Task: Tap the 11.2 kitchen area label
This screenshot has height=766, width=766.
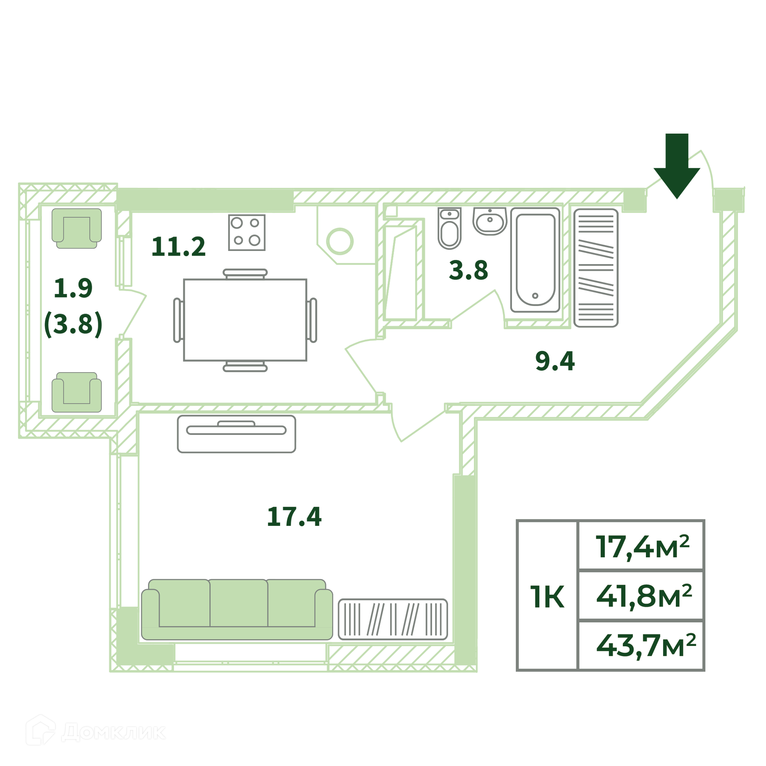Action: pos(178,247)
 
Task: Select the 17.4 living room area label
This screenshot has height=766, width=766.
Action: pos(294,517)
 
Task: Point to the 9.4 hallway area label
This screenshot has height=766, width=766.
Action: pos(555,361)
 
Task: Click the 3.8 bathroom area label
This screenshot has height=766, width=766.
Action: pos(468,270)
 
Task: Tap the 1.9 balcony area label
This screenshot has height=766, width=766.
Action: pos(73,288)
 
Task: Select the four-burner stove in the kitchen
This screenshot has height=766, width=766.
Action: pos(247,233)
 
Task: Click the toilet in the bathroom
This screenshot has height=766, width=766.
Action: pos(450,228)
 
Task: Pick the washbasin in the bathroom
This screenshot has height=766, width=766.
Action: pos(490,221)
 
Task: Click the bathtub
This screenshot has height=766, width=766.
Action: pos(535,260)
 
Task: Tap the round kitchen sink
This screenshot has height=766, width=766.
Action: pos(340,241)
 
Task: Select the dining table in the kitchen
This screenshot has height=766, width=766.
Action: pos(245,320)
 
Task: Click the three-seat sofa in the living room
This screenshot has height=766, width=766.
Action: pos(237,610)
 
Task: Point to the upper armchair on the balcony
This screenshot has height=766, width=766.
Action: pos(77,228)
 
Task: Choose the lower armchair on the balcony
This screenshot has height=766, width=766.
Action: pos(77,393)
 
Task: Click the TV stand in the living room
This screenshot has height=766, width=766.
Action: pos(237,434)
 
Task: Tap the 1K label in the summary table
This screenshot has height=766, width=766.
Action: pos(547,597)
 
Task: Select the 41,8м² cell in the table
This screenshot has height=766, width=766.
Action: pos(641,596)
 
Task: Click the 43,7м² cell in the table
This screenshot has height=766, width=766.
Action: pos(641,645)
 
